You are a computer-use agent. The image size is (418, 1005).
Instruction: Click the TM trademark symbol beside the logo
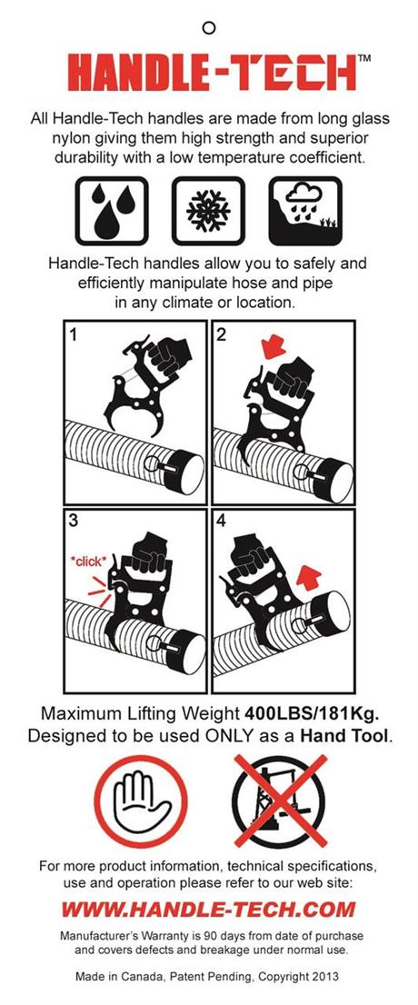[x=363, y=58]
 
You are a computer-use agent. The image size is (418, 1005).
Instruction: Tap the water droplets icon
[x=112, y=210]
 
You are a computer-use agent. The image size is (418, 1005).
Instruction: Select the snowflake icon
[x=208, y=210]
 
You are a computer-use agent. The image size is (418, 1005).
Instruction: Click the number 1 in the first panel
[x=75, y=336]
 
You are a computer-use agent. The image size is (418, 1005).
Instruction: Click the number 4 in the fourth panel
[x=222, y=522]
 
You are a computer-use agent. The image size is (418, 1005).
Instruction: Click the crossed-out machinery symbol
[x=280, y=800]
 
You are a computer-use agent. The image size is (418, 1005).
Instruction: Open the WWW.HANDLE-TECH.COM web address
[x=209, y=909]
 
